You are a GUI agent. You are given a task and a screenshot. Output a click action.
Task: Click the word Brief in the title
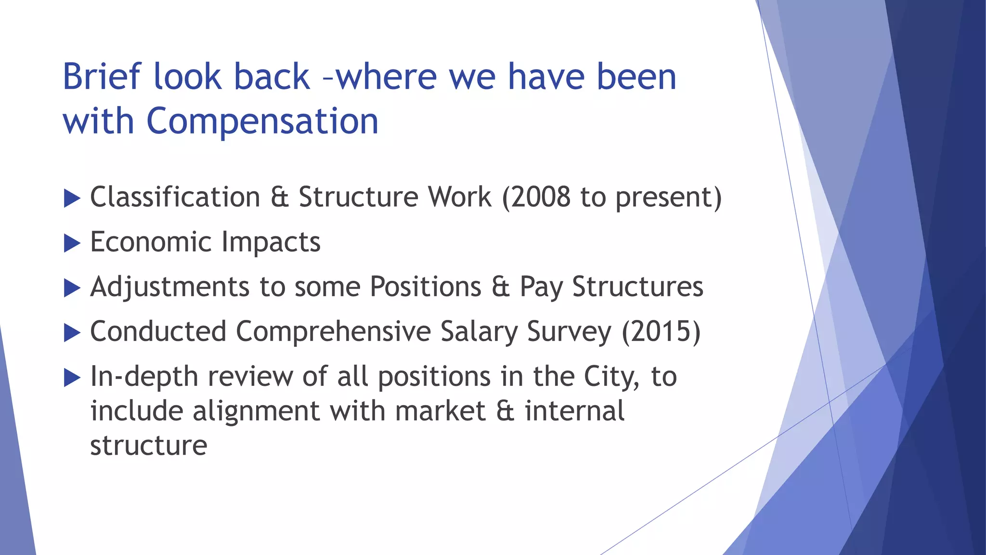tap(102, 77)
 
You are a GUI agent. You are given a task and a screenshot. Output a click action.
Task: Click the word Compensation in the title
tap(262, 121)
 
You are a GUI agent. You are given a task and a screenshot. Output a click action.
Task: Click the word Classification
tap(175, 197)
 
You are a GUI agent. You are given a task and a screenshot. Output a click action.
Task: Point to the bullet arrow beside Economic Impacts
tap(72, 243)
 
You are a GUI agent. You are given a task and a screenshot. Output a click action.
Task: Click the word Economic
tap(151, 242)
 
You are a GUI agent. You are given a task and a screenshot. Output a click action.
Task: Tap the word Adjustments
tap(169, 287)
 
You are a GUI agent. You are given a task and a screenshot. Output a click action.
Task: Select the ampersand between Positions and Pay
tap(500, 287)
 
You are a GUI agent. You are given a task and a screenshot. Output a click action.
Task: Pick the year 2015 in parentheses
tap(661, 331)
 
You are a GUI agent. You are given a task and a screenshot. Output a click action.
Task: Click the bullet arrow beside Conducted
tap(72, 332)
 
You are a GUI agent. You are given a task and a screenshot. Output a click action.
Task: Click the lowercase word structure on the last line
tap(149, 445)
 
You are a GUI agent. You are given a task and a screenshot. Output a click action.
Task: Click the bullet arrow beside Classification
tap(72, 198)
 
